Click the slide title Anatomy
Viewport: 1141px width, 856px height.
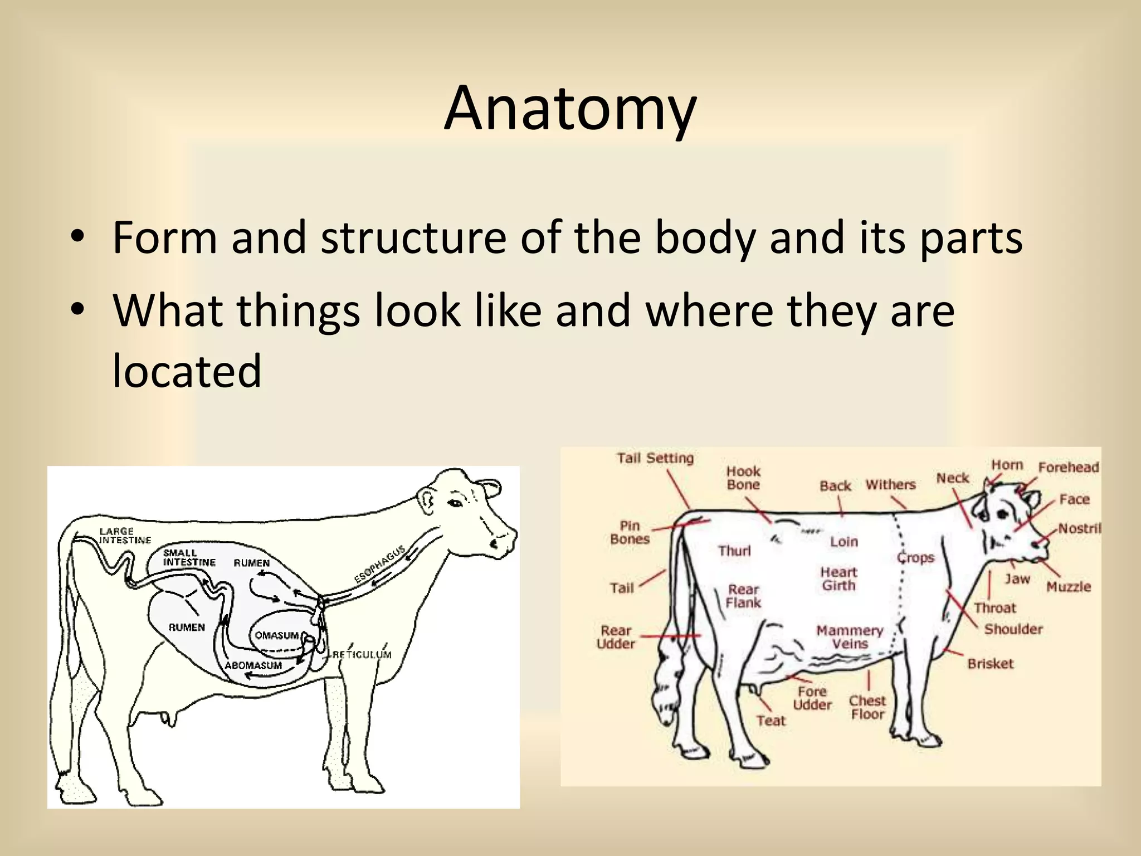(x=570, y=109)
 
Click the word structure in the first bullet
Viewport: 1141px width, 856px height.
(x=413, y=238)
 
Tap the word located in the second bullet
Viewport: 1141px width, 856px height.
(x=187, y=371)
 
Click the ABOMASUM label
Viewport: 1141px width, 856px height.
(x=253, y=665)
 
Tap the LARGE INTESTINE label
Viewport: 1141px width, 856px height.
(x=125, y=536)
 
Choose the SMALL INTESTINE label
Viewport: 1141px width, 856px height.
(x=189, y=558)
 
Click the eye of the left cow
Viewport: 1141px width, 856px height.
(x=455, y=504)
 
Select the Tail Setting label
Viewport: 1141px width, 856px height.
(x=655, y=458)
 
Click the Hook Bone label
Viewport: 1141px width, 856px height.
(x=743, y=478)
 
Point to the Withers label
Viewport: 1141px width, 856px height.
(x=890, y=484)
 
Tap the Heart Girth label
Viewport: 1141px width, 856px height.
(x=838, y=578)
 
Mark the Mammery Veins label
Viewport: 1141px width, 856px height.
(x=850, y=637)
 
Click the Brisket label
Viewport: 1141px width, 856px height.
(x=990, y=664)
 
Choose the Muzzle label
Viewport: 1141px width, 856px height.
(x=1068, y=586)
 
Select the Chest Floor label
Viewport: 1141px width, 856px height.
(x=867, y=707)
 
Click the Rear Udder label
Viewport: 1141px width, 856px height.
(x=616, y=637)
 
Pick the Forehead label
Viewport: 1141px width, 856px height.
(x=1068, y=467)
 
